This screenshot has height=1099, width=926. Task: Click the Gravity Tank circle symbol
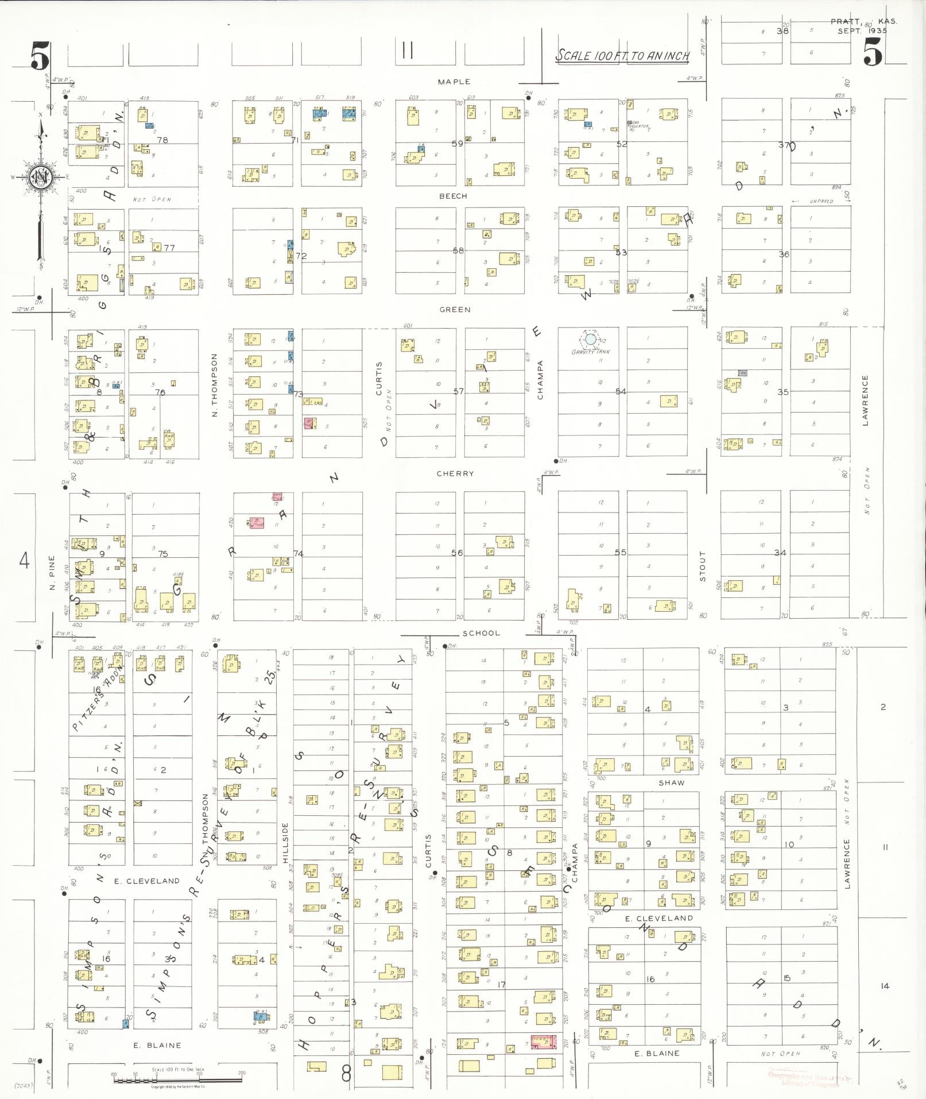click(590, 339)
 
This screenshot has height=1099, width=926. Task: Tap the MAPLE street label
click(454, 82)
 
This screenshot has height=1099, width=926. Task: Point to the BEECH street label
click(453, 196)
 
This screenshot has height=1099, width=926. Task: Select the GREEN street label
click(455, 310)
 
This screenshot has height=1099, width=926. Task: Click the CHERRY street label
click(455, 474)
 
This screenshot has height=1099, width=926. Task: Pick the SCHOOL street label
click(481, 633)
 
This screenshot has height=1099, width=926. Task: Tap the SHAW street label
click(671, 782)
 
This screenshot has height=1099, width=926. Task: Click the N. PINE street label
click(52, 572)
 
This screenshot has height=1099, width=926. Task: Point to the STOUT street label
click(702, 566)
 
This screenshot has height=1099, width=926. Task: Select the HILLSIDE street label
click(285, 842)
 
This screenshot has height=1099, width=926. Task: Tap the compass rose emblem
click(40, 176)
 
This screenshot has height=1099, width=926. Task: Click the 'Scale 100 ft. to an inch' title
click(622, 56)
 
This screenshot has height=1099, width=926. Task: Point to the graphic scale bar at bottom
click(178, 1080)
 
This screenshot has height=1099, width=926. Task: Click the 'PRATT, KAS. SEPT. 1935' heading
click(862, 26)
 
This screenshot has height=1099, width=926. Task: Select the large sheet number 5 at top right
click(872, 55)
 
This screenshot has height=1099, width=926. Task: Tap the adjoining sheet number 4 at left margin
click(24, 560)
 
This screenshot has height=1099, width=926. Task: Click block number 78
click(162, 140)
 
